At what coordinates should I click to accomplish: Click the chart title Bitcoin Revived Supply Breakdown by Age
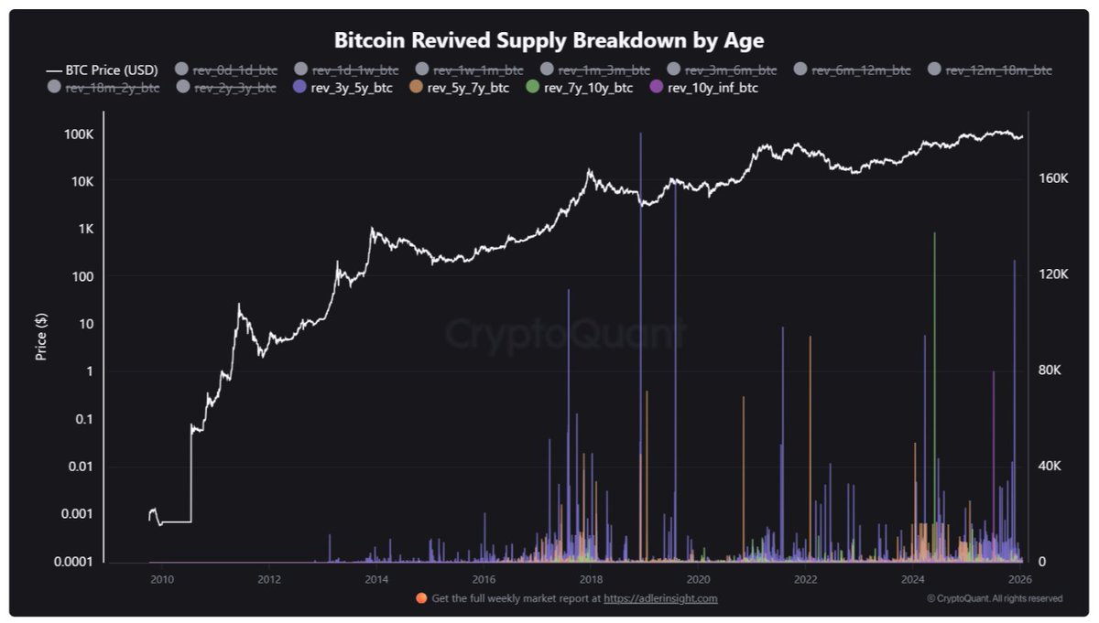(549, 40)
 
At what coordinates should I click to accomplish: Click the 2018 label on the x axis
(591, 578)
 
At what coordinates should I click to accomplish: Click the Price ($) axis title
(41, 336)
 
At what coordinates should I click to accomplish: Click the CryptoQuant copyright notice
(995, 598)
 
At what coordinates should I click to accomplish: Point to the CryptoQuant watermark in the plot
(565, 335)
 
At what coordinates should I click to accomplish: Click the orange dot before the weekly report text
(421, 598)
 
